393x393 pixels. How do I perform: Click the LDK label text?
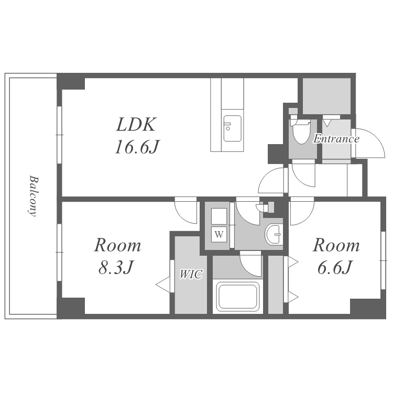[136, 125]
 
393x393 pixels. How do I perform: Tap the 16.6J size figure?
[137, 147]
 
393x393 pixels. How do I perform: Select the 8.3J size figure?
[115, 267]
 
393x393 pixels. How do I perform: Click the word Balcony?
[33, 196]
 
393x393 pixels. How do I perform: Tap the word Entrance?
[336, 139]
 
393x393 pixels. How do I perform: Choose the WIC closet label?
[191, 274]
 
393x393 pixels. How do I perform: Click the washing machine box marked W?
[219, 234]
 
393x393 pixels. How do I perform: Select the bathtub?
[237, 297]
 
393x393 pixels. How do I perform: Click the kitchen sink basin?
[232, 128]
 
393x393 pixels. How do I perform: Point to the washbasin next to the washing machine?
[274, 234]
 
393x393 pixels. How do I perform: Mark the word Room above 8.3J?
[117, 245]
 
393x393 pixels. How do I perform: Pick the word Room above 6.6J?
[336, 245]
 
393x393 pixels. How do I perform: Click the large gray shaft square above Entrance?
[326, 96]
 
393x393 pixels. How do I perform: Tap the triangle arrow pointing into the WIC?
[163, 285]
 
